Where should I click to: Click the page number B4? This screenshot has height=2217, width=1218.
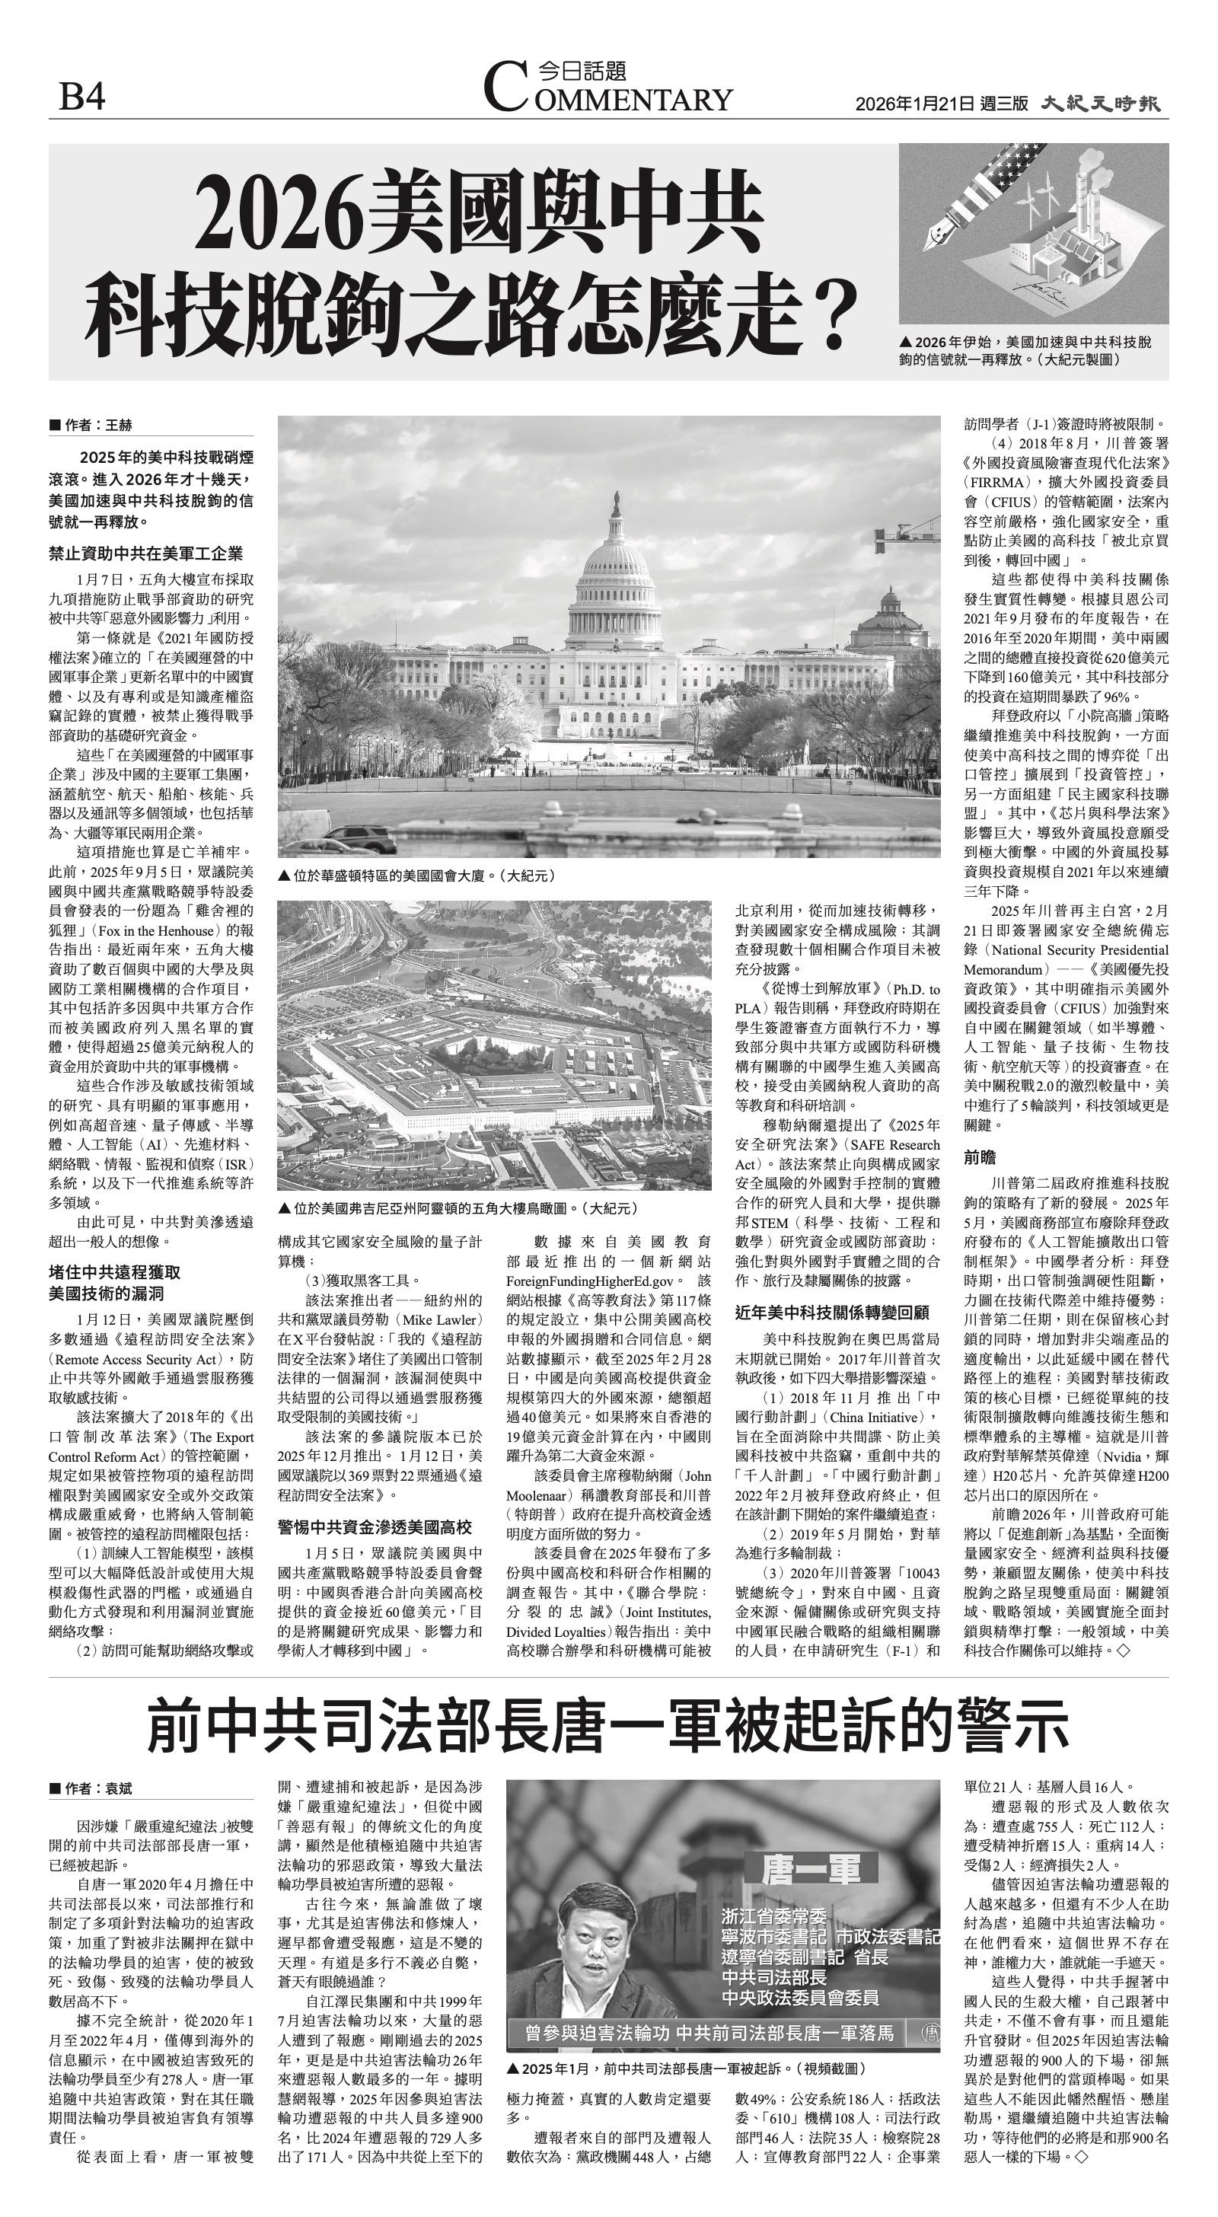(x=81, y=97)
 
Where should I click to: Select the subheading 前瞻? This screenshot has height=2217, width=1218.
(x=980, y=1157)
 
